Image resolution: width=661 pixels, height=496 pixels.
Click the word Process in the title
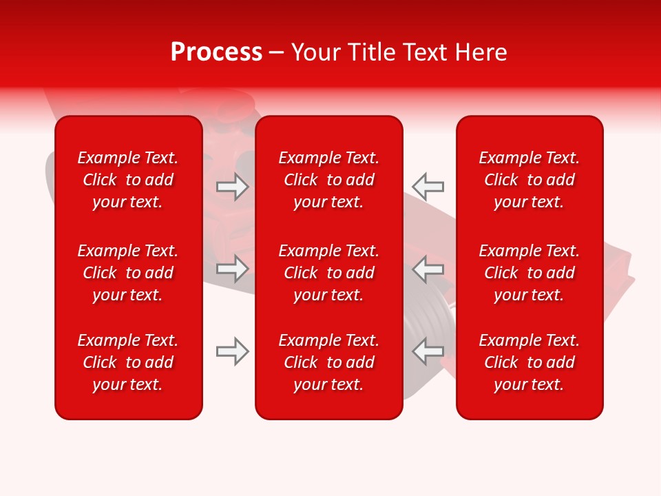(216, 52)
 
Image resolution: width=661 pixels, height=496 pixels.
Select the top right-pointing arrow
(233, 187)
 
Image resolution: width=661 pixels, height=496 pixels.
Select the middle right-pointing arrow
(233, 269)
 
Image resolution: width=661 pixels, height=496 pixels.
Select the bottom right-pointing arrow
(233, 351)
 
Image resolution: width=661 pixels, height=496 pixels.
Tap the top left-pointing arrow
(428, 186)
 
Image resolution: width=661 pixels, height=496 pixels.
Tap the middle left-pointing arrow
(428, 269)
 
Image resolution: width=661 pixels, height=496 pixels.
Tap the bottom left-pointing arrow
(428, 351)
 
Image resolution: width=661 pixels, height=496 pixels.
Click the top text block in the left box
(128, 180)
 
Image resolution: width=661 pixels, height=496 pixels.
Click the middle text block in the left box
(128, 273)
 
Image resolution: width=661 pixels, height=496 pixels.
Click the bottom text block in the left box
(128, 362)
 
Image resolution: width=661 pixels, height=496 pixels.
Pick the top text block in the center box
(328, 180)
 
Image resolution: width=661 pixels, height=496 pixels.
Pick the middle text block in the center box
(328, 273)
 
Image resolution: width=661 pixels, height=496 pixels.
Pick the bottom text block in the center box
(328, 362)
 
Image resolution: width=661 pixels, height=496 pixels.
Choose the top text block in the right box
(529, 180)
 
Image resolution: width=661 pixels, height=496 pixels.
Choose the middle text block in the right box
(529, 273)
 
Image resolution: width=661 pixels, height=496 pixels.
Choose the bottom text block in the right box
(529, 362)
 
